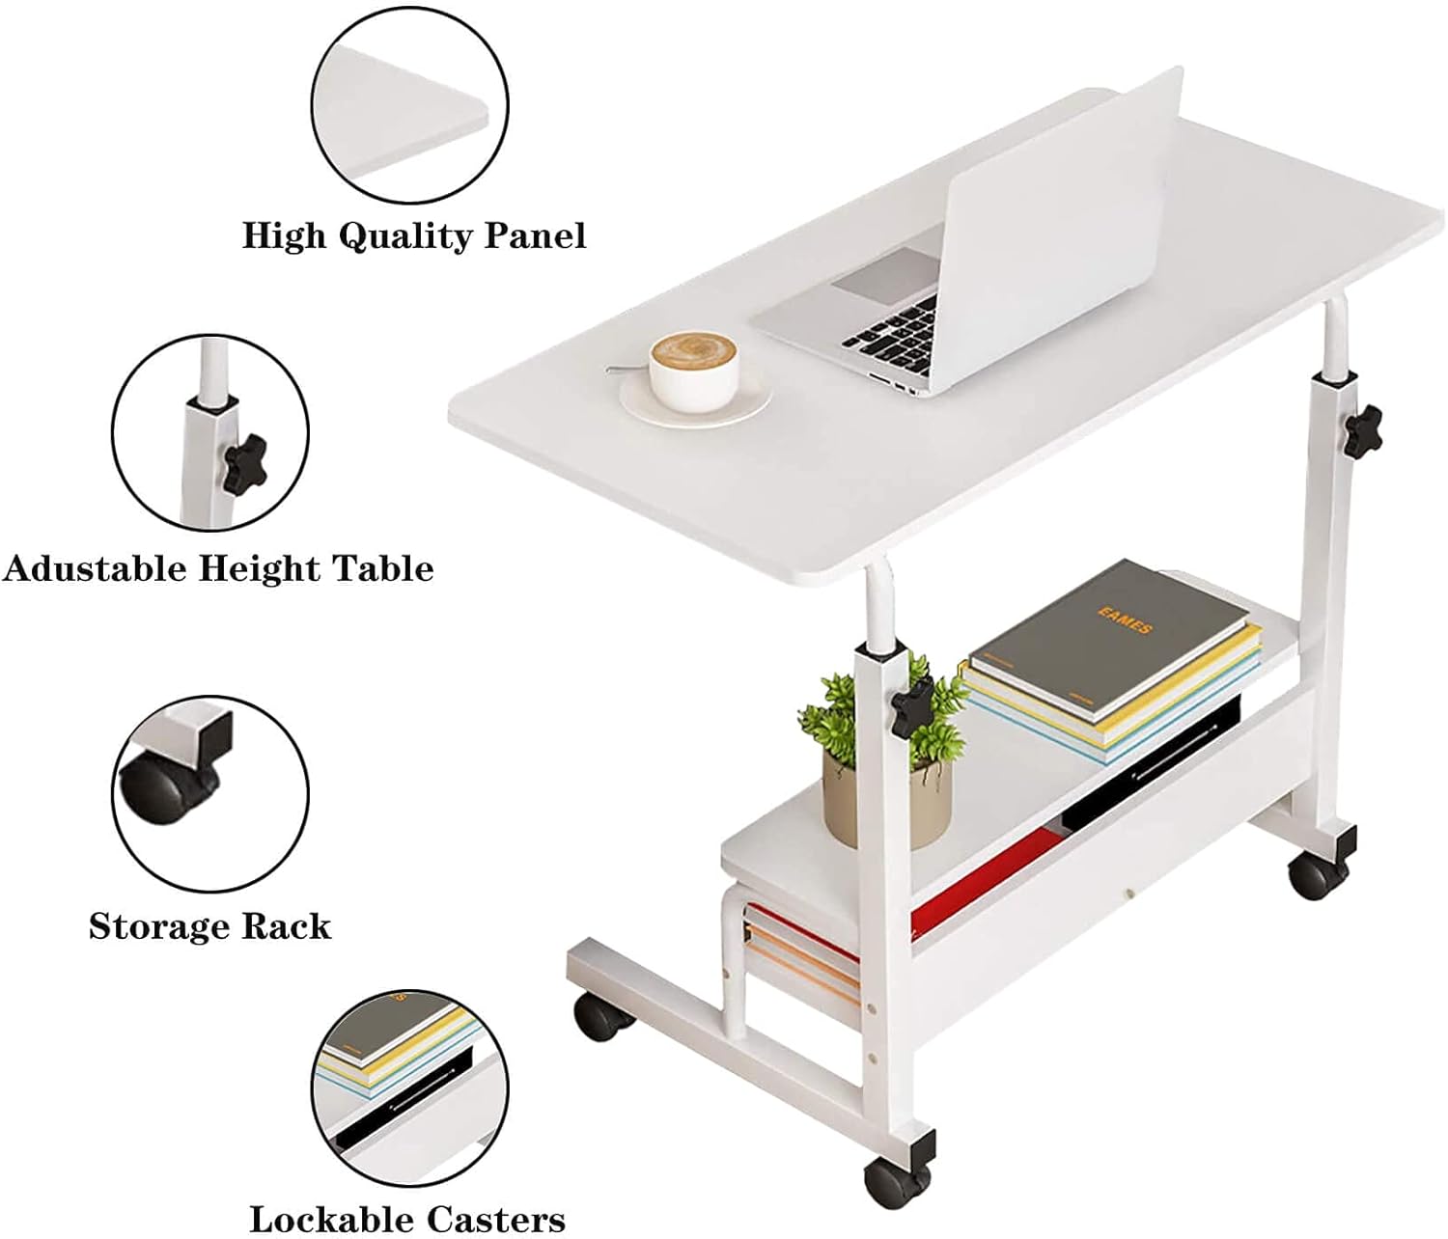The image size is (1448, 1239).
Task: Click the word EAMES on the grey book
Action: (1125, 621)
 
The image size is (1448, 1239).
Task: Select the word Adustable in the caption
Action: (98, 568)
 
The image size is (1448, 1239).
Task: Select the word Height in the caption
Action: (262, 568)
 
